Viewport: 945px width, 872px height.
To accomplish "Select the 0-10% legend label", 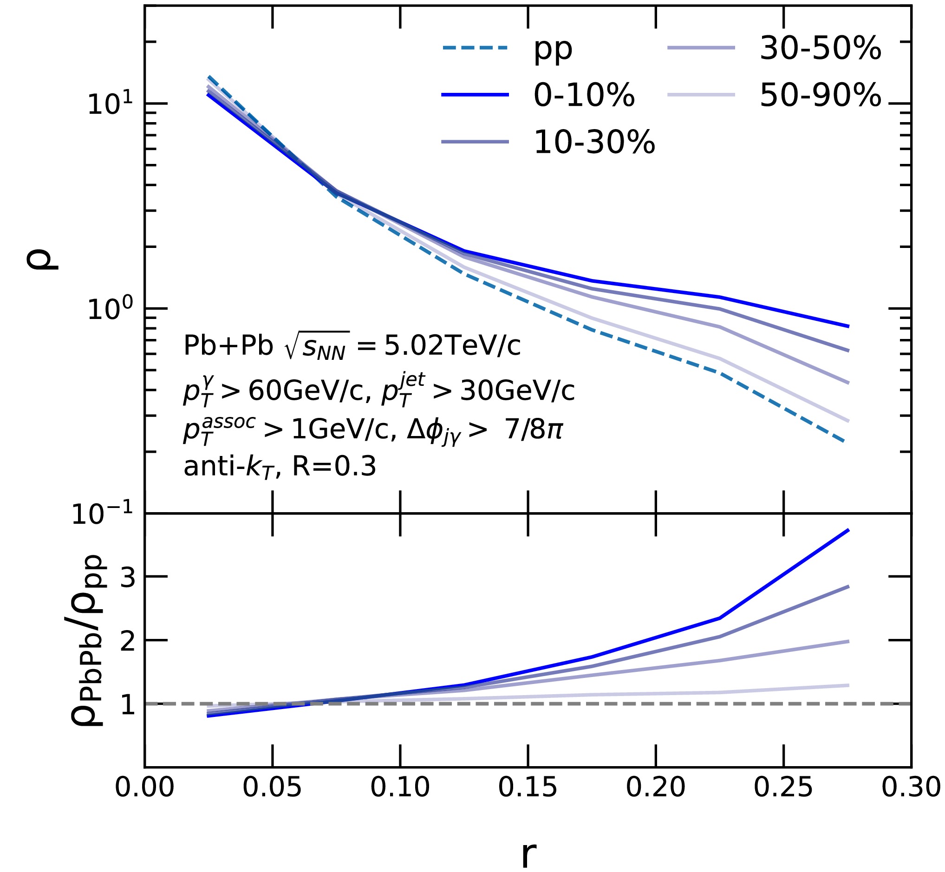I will tap(584, 96).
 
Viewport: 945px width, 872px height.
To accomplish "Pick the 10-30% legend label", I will tap(594, 142).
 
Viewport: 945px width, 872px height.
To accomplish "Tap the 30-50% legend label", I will tap(820, 49).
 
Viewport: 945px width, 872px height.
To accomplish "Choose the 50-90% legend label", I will tap(820, 96).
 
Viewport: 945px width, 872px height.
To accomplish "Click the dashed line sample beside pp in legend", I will tap(475, 48).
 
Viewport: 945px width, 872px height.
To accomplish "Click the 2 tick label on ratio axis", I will tap(128, 641).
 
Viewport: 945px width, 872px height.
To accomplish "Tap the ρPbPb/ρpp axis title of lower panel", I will tap(87, 641).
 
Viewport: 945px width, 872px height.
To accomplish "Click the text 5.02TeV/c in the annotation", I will tap(452, 346).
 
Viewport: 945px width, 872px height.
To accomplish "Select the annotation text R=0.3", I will tap(334, 467).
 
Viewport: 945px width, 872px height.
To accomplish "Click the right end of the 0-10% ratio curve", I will tap(848, 531).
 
